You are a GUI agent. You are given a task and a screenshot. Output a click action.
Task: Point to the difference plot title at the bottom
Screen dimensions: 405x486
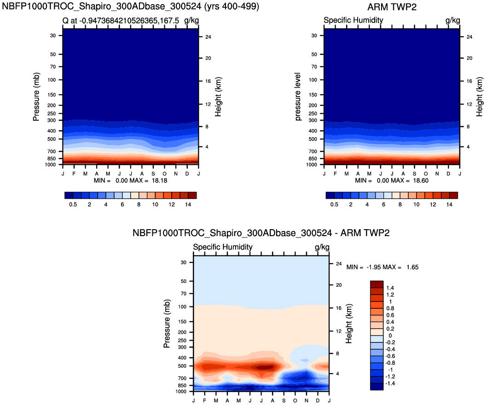[261, 233]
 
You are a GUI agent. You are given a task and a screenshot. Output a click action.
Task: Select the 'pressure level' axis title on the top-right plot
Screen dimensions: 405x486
[298, 97]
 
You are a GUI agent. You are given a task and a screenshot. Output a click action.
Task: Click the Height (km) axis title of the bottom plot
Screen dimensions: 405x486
[349, 324]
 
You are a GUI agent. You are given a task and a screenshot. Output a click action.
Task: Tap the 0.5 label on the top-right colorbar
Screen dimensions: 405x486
[334, 204]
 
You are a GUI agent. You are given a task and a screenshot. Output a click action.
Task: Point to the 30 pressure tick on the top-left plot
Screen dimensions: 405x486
[52, 35]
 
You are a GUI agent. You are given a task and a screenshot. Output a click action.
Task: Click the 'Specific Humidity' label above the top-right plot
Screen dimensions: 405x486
[353, 20]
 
